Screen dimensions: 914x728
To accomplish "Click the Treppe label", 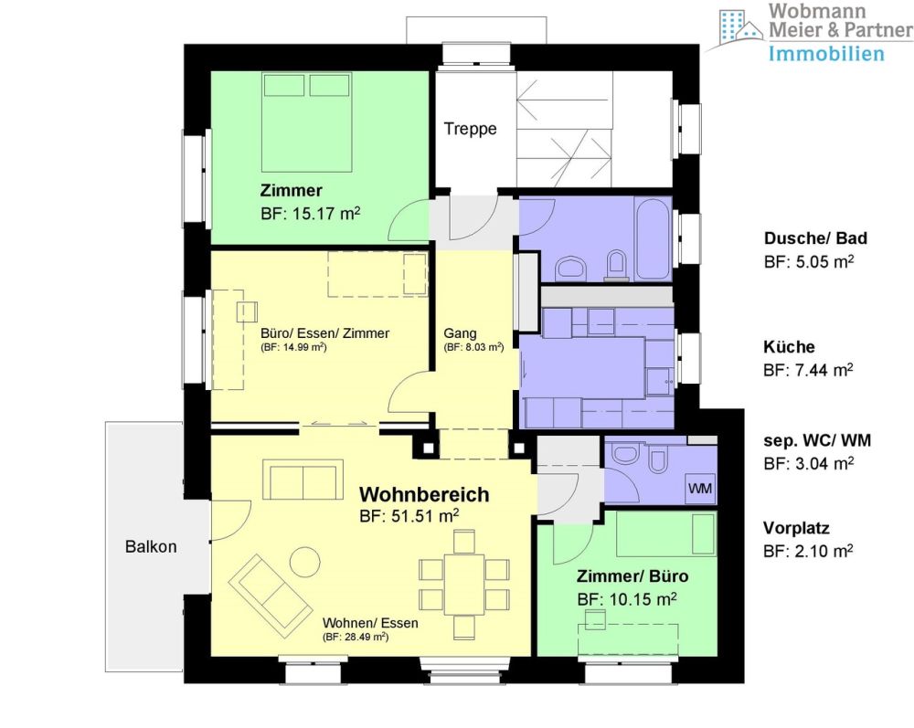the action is click(470, 129).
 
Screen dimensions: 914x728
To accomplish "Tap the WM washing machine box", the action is click(700, 488).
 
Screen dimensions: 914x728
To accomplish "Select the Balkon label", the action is click(151, 547).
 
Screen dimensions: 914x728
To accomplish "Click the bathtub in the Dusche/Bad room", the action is click(653, 238).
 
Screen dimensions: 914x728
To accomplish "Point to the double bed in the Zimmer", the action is click(306, 121).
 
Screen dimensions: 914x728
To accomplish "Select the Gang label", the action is click(460, 333).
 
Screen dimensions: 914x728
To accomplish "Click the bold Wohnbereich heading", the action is click(424, 494).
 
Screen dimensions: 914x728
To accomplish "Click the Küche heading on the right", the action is click(789, 346).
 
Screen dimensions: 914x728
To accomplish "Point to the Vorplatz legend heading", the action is click(796, 528).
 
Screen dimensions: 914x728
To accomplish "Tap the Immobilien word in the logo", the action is click(826, 54).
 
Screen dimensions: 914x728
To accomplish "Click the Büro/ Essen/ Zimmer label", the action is click(324, 333).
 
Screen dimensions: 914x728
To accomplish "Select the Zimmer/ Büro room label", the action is click(632, 576).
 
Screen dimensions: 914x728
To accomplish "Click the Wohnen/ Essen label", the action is click(370, 623).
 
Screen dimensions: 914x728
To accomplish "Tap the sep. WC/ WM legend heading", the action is click(817, 441).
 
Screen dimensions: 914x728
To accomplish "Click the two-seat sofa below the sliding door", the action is click(303, 480).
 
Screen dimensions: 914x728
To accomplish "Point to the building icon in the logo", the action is click(740, 26).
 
